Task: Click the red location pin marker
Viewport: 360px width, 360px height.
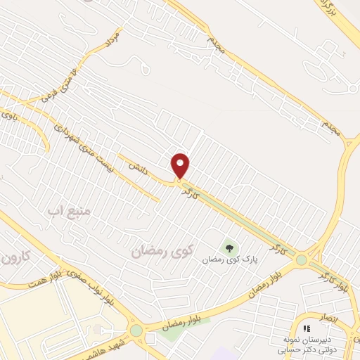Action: coord(181,165)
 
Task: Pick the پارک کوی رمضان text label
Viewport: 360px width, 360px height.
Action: coord(228,259)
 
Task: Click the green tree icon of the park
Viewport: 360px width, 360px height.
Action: coord(229,247)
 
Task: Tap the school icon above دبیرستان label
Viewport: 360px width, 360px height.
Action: coord(306,328)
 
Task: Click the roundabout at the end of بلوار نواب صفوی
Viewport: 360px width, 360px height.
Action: coord(136,330)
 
